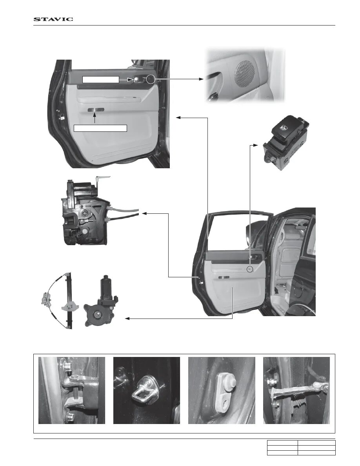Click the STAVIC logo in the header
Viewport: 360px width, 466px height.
(53, 19)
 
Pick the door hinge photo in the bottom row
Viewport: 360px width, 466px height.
(72, 390)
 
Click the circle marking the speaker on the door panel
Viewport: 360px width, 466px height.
(151, 79)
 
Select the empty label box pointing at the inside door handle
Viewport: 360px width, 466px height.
(100, 80)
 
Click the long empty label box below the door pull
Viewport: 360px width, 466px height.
(100, 128)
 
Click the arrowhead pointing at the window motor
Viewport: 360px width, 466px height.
(127, 319)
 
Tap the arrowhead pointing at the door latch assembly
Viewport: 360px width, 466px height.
(144, 213)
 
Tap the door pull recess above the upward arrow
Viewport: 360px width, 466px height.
(95, 109)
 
